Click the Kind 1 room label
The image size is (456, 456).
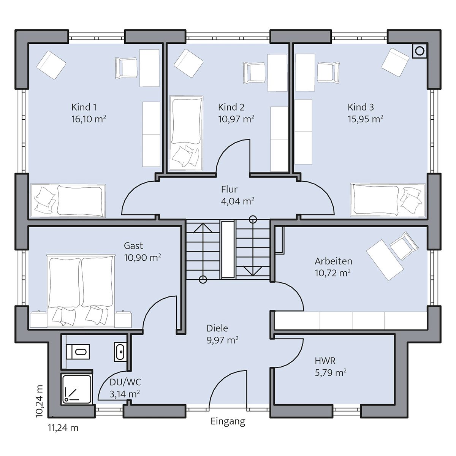(84, 107)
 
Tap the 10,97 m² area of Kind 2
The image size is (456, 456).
(236, 119)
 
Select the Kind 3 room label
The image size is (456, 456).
(361, 107)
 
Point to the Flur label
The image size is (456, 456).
(229, 189)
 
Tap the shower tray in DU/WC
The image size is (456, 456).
(76, 389)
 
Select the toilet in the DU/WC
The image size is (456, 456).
(78, 351)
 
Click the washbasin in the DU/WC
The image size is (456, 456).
(120, 352)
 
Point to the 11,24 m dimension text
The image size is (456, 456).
(63, 427)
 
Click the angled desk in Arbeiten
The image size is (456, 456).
(385, 260)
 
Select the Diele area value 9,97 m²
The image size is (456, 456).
(222, 340)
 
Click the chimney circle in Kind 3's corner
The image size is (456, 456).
(420, 51)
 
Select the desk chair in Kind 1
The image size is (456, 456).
(126, 68)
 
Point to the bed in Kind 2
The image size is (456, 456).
(187, 133)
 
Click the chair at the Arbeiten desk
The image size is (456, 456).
(404, 244)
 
